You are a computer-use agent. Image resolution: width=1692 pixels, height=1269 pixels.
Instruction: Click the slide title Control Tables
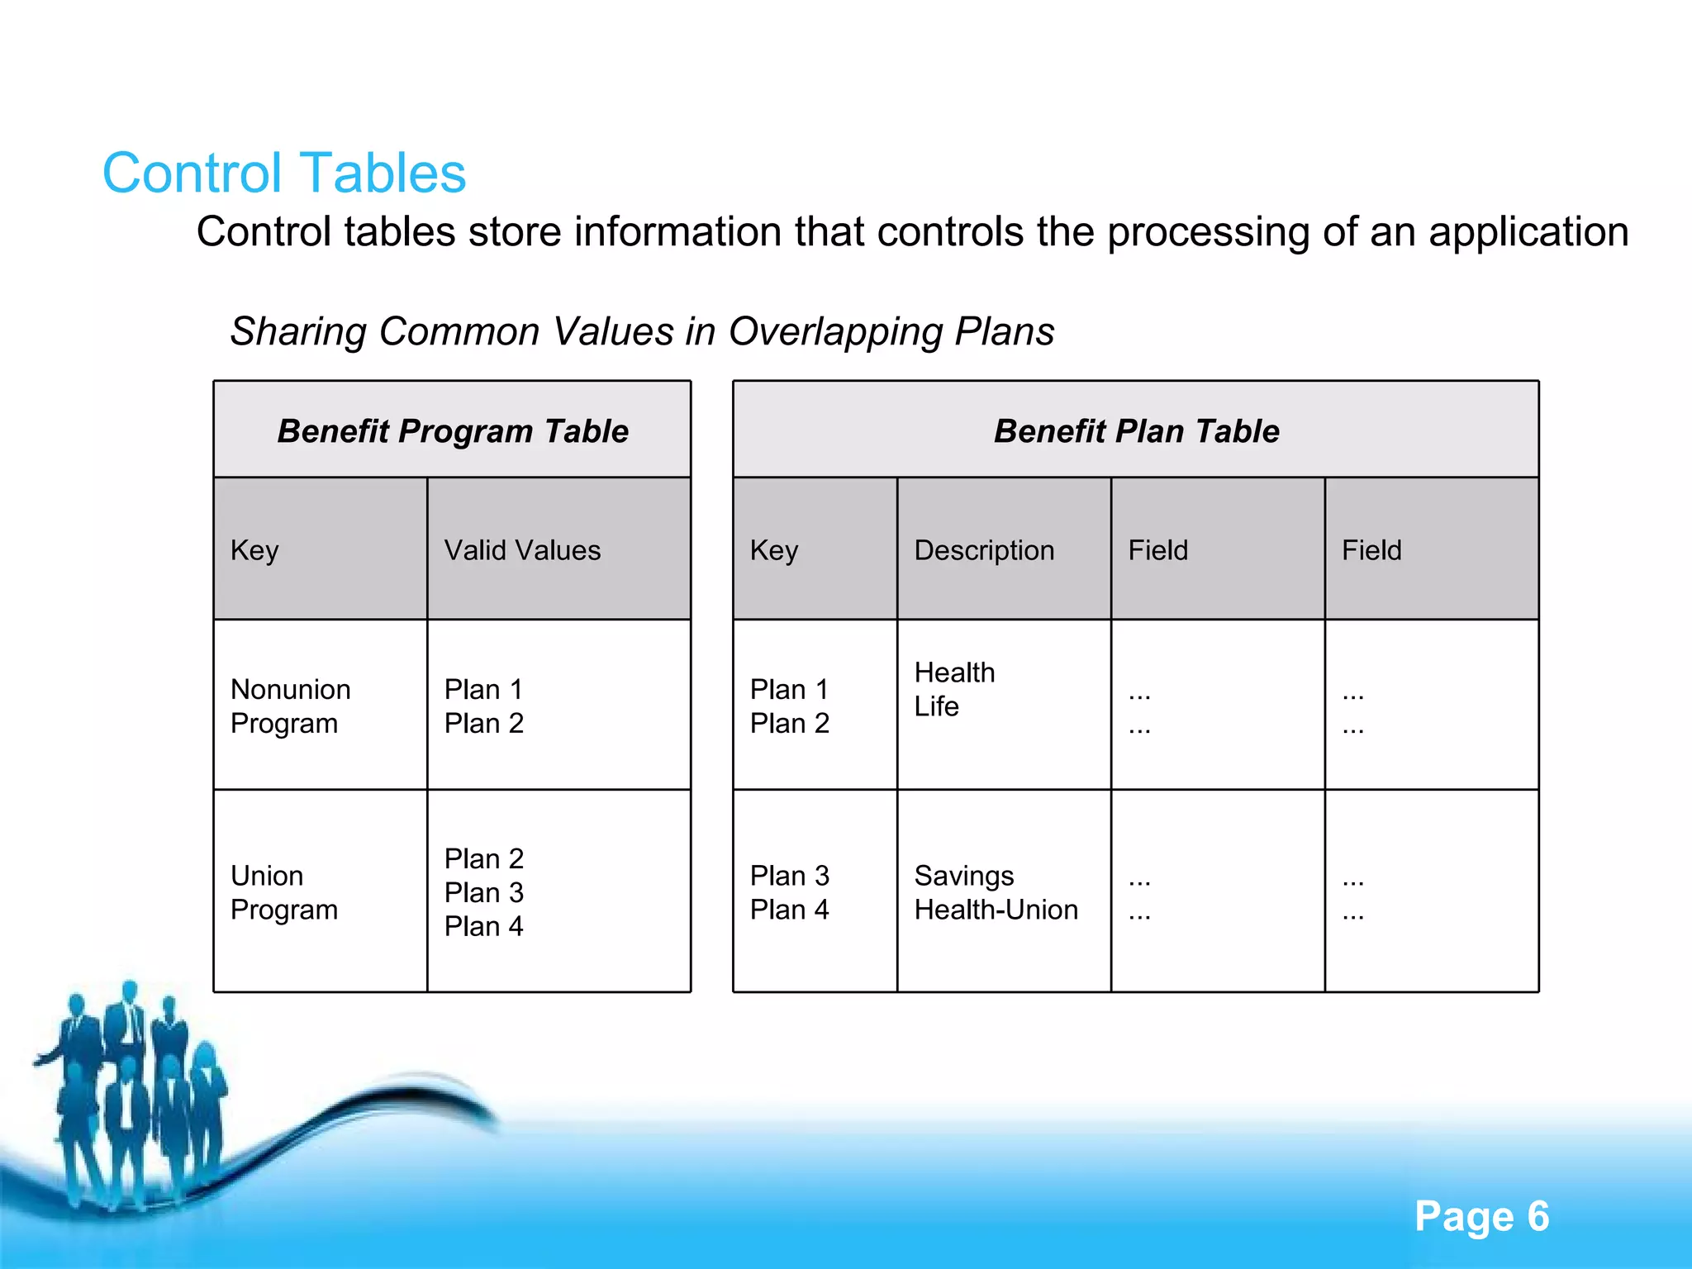(284, 173)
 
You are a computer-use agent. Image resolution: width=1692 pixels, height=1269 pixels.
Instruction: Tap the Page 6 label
(1481, 1216)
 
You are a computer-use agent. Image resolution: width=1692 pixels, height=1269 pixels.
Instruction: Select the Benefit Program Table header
(453, 431)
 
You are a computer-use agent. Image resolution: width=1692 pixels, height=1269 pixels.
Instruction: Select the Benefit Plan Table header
(1136, 431)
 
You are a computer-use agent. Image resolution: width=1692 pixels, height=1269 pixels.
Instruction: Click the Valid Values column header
(522, 550)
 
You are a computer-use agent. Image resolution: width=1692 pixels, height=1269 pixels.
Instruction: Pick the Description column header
(984, 550)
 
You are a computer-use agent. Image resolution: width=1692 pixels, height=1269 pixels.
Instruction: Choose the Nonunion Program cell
(291, 706)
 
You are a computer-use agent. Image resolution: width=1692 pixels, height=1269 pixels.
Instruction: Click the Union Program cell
(284, 892)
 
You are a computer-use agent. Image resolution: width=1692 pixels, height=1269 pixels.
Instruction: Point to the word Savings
(964, 876)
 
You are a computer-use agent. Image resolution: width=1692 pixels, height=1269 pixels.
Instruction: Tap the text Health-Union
(996, 910)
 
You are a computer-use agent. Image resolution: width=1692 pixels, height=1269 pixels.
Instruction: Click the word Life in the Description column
(936, 706)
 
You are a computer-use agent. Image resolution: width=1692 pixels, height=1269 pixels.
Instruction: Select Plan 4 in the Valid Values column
(483, 926)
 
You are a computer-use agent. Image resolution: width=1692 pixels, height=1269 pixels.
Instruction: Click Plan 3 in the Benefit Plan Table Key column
(789, 876)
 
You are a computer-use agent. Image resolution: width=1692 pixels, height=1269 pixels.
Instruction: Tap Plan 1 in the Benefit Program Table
(483, 689)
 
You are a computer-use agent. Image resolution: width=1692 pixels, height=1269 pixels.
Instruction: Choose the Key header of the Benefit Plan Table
(773, 550)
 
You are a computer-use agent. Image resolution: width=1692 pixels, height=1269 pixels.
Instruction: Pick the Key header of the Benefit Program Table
(254, 550)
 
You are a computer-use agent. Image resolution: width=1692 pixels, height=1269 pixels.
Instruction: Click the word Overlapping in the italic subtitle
(834, 331)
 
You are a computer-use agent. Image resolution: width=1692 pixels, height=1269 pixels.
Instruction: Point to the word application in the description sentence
(1528, 232)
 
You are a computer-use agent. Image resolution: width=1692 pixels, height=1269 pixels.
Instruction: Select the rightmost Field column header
(1371, 550)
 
